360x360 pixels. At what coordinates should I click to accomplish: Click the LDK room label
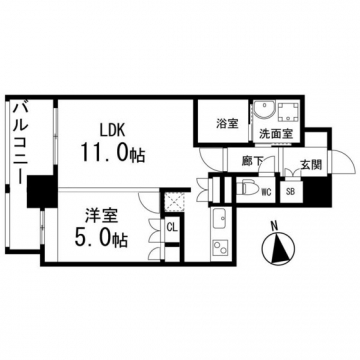pyautogui.click(x=113, y=129)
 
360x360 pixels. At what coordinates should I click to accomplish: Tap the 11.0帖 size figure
pyautogui.click(x=112, y=153)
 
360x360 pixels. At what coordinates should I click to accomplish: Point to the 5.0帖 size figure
pyautogui.click(x=101, y=239)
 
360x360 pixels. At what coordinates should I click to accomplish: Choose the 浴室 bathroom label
pyautogui.click(x=227, y=124)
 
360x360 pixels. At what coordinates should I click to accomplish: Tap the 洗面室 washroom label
pyautogui.click(x=276, y=134)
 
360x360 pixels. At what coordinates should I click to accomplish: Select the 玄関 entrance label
pyautogui.click(x=311, y=165)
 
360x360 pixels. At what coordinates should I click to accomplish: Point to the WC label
pyautogui.click(x=266, y=192)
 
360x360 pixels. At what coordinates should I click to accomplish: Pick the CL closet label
pyautogui.click(x=172, y=228)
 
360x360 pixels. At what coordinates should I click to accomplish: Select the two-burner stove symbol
pyautogui.click(x=220, y=248)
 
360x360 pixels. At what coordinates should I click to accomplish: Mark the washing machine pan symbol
pyautogui.click(x=288, y=112)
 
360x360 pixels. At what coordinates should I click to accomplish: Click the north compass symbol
pyautogui.click(x=278, y=248)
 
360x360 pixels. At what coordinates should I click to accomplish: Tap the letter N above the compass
pyautogui.click(x=275, y=226)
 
